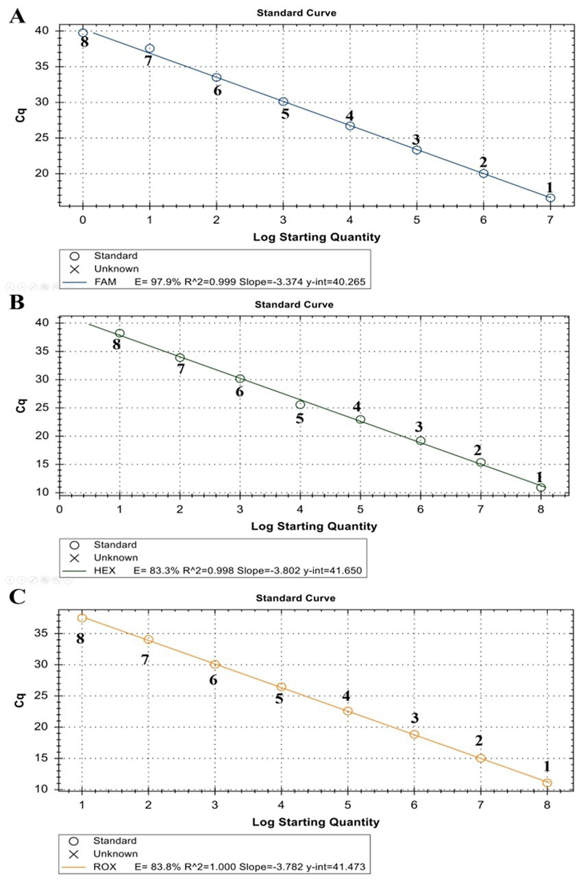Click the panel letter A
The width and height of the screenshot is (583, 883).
17,16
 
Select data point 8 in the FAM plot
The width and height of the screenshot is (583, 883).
83,33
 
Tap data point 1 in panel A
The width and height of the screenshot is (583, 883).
550,198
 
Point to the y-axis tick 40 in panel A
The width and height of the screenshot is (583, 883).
42,31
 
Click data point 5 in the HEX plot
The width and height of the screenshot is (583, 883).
300,405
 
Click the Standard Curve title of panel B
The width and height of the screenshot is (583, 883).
295,304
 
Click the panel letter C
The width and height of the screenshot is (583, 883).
17,595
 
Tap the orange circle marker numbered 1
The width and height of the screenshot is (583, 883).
547,782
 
